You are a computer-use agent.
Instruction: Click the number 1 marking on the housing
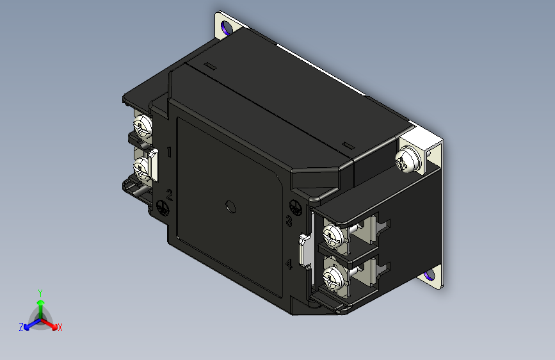pos(169,152)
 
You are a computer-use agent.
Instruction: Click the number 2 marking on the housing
pos(170,195)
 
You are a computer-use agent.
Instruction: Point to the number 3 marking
pos(289,222)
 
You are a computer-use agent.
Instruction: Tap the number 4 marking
pos(289,264)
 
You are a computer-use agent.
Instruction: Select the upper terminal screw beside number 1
pos(142,124)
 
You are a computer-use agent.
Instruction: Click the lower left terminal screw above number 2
pos(141,168)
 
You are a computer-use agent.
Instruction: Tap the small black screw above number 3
pos(295,208)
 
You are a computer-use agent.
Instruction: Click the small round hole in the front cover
pos(231,206)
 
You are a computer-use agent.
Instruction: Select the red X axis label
pos(60,327)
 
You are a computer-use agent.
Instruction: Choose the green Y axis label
pos(40,291)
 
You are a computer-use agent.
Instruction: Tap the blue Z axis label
pos(21,327)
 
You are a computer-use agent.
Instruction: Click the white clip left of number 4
pos(305,250)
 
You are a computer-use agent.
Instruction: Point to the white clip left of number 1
pos(154,165)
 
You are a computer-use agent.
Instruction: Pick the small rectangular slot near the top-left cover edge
pos(209,65)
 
